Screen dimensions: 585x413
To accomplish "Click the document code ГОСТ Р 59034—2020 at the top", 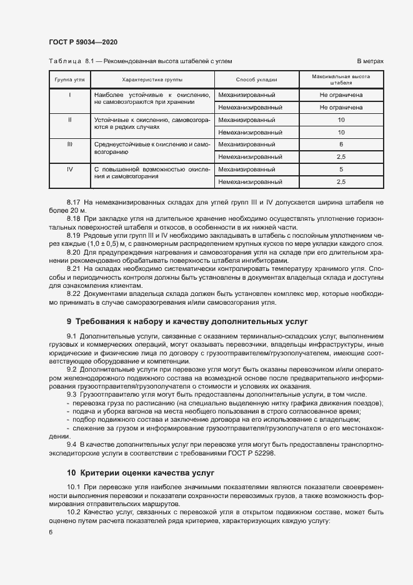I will [83, 42].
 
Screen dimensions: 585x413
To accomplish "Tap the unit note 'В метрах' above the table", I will [370, 61].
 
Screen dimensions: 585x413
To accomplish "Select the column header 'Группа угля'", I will [70, 80].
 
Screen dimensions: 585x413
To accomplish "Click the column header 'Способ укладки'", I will [256, 80].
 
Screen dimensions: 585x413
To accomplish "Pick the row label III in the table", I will [70, 144].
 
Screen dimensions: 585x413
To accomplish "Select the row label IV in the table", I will [70, 169].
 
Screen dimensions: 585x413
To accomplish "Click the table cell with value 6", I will [341, 145].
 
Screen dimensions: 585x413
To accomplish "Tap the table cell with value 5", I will [341, 170].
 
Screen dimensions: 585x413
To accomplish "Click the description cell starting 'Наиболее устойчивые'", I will [151, 98].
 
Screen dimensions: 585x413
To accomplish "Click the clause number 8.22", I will [74, 293].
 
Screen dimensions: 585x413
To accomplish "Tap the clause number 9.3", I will [72, 395].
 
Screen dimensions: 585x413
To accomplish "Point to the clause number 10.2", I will [74, 512].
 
